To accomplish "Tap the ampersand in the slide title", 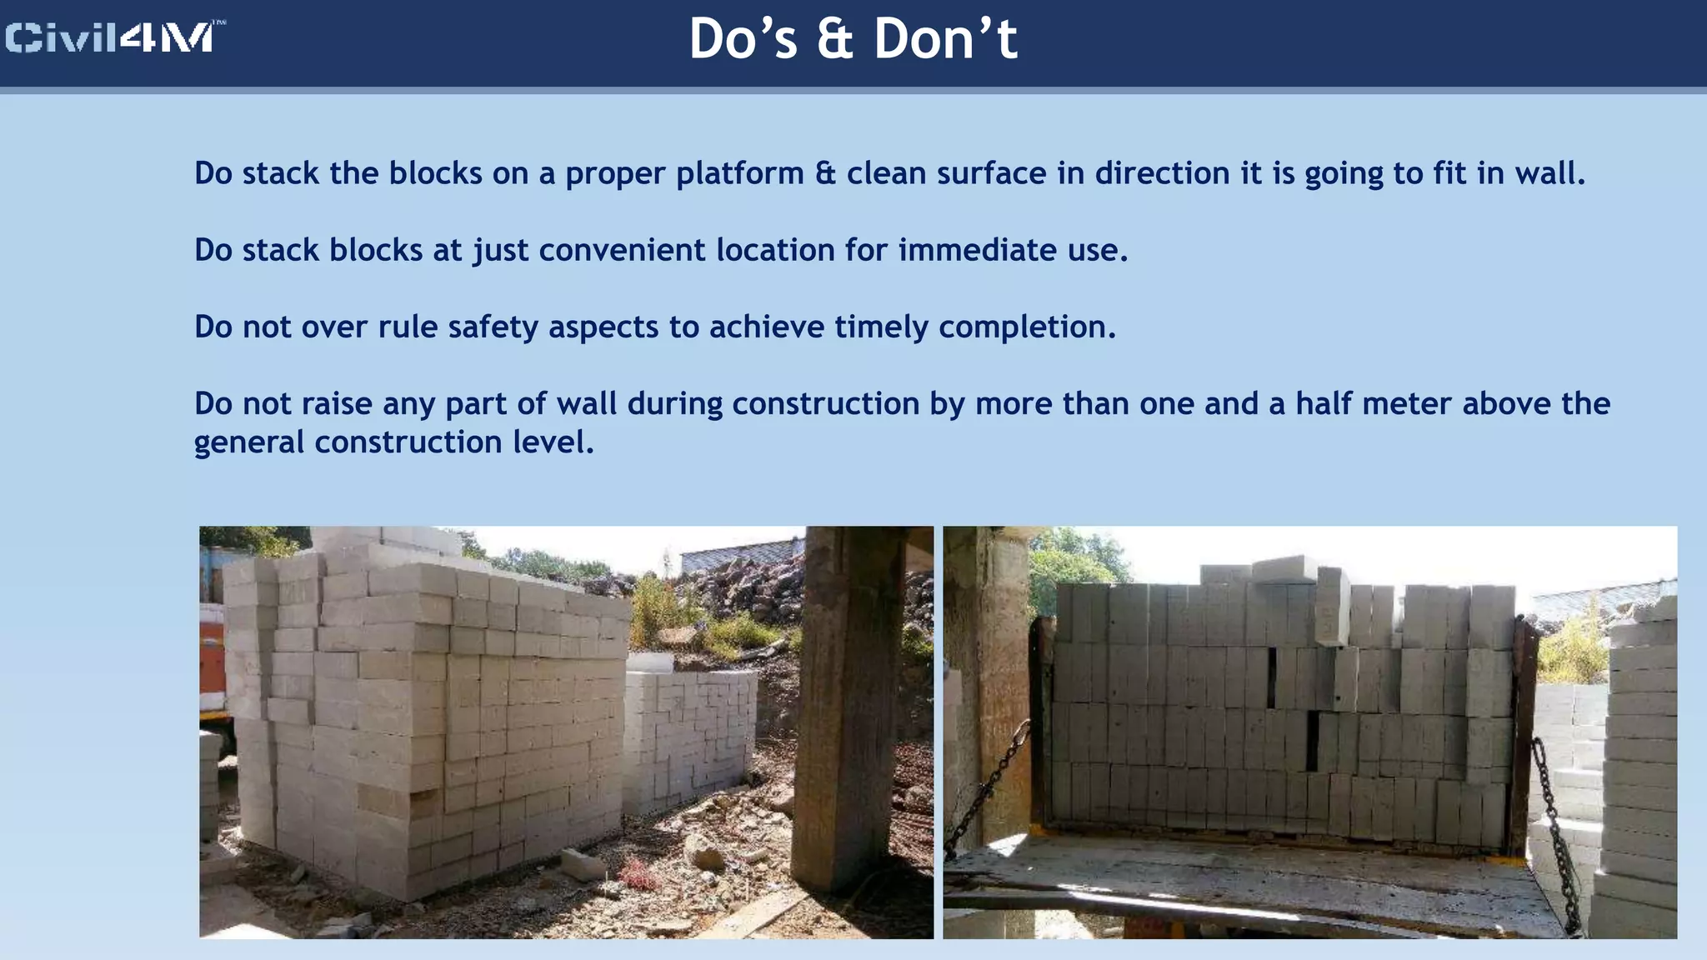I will point(834,39).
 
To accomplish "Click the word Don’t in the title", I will point(945,39).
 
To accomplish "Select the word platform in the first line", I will point(739,174).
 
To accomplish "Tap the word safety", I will point(493,327).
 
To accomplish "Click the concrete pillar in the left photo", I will point(838,708).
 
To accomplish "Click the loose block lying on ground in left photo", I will point(583,864).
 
